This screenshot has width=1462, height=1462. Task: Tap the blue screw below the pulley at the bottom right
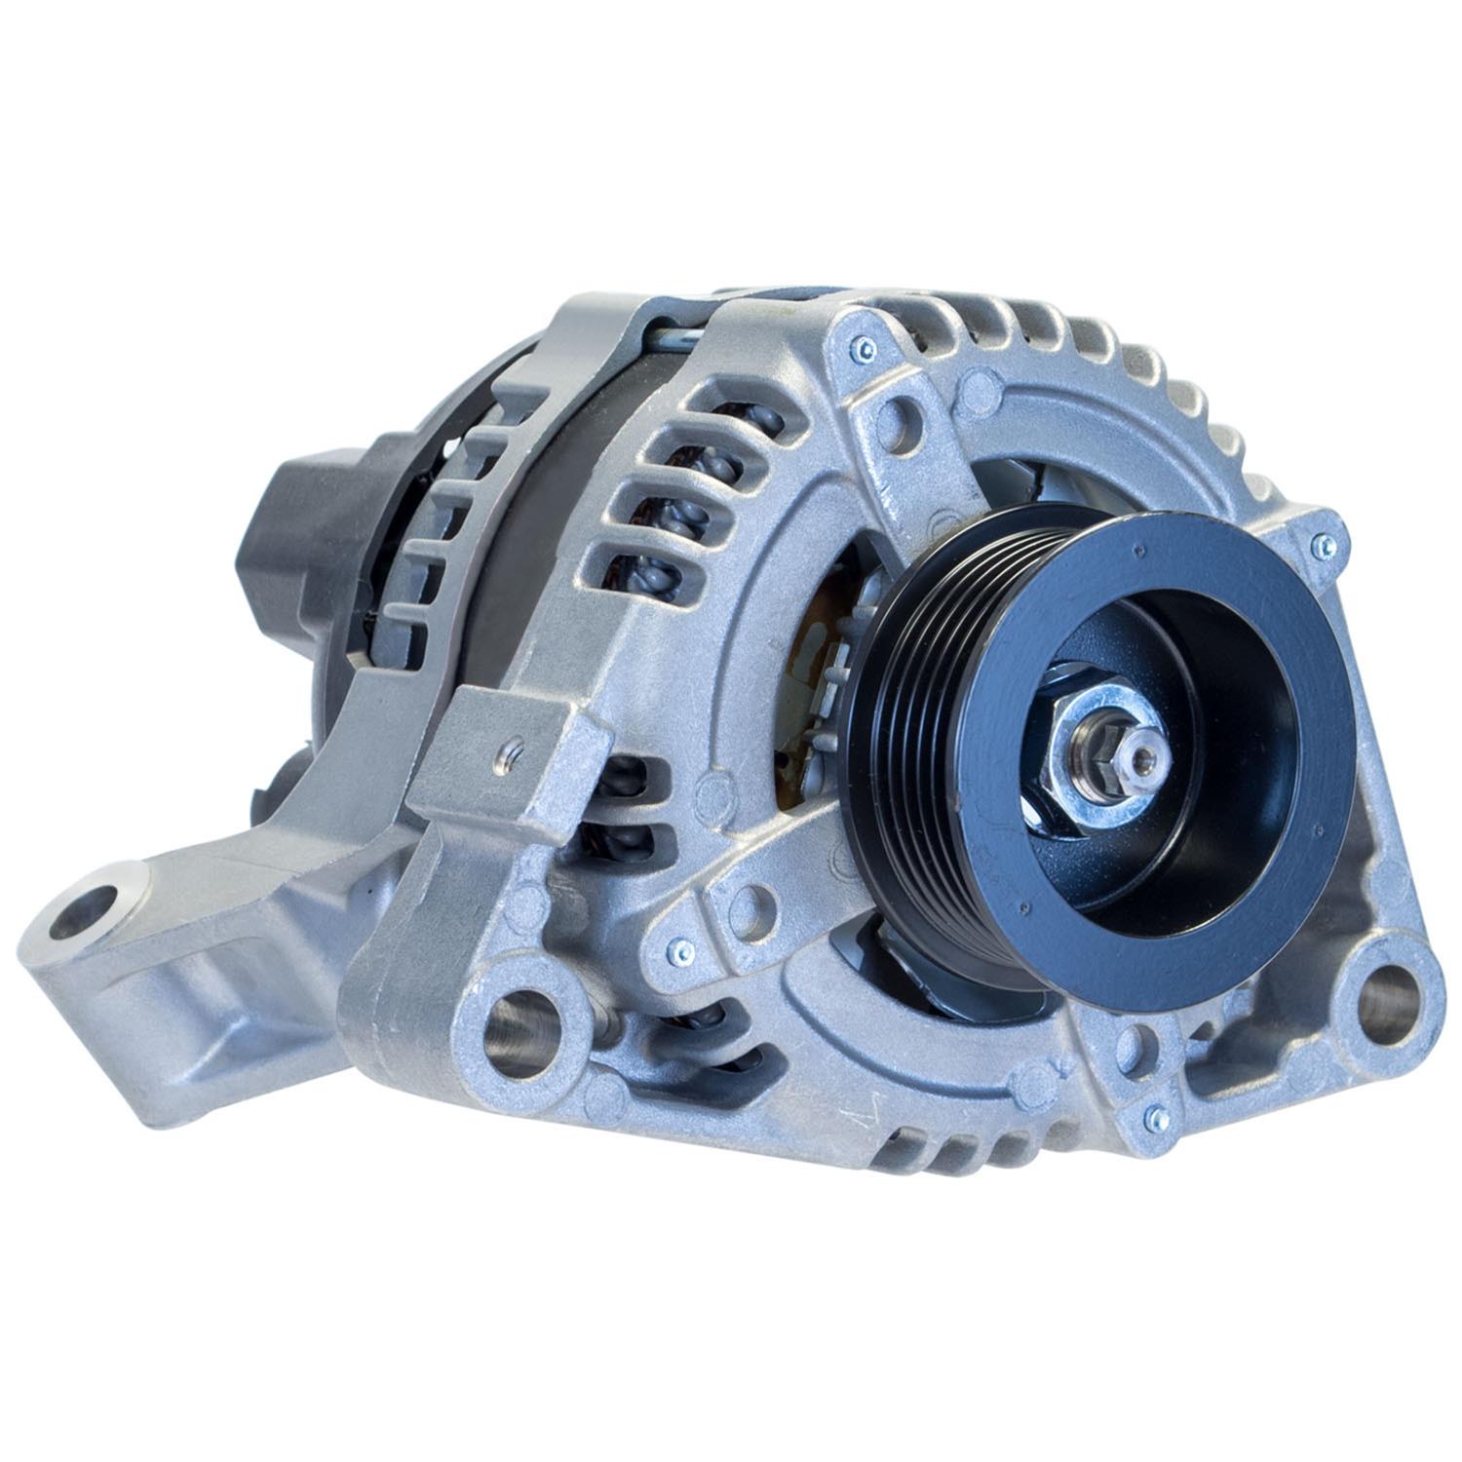pyautogui.click(x=1154, y=1115)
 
